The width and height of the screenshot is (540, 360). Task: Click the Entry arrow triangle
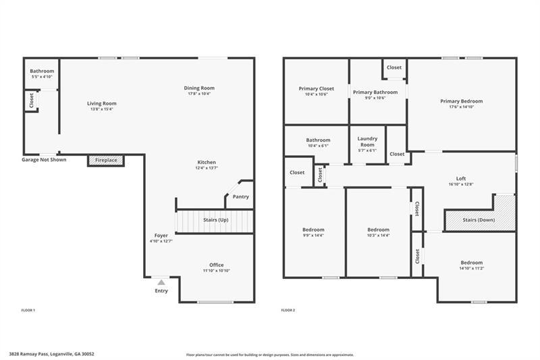161,282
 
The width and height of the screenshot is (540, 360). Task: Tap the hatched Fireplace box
106,160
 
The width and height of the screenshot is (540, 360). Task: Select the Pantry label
241,197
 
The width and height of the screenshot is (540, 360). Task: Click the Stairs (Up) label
215,220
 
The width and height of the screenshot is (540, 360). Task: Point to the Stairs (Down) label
479,220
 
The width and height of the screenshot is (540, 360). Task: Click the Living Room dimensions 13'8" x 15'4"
102,109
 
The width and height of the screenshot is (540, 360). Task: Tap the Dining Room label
199,88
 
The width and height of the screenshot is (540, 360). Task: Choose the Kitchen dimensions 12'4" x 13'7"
207,168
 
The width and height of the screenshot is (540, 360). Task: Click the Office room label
216,265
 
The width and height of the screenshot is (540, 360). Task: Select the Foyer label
161,235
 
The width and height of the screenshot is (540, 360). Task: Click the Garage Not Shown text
44,159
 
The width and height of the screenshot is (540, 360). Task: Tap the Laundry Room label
367,141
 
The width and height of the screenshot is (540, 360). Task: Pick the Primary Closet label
316,88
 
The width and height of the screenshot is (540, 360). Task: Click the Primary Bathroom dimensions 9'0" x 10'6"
375,98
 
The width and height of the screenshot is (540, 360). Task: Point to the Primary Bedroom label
462,101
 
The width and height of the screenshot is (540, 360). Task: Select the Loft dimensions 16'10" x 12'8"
461,184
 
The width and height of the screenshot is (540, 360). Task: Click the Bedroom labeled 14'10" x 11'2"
471,263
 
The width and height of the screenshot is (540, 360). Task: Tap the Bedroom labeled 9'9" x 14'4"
313,230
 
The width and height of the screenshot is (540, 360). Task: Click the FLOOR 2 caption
288,310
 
